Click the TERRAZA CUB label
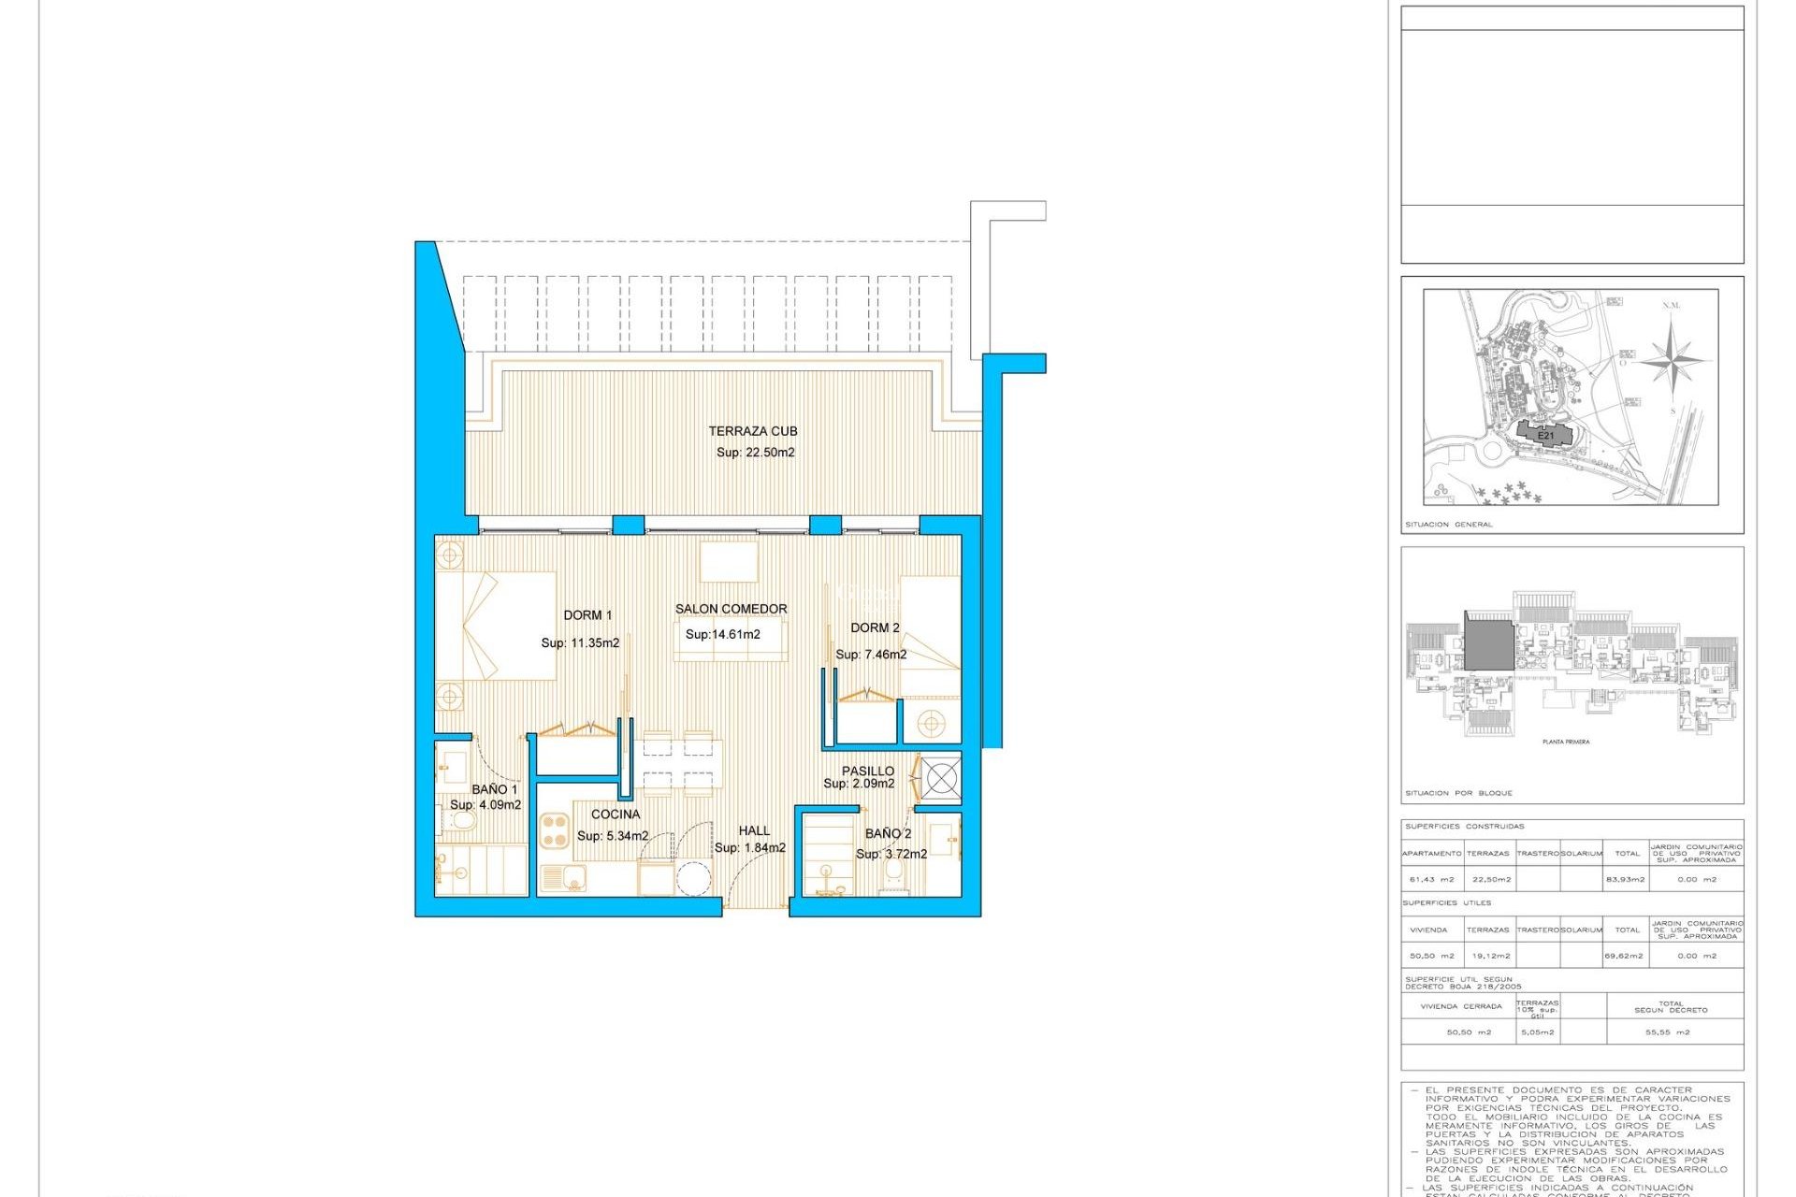[x=752, y=431]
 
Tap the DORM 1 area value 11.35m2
[x=580, y=643]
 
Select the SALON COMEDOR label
[x=731, y=609]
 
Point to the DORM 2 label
[x=875, y=628]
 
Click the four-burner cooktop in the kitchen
[x=555, y=830]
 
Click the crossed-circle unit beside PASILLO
[x=941, y=777]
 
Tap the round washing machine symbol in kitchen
[x=694, y=879]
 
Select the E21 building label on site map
[x=1545, y=436]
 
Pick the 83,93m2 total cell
[x=1627, y=879]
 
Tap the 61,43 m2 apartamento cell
[x=1431, y=879]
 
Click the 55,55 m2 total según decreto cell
[x=1667, y=1032]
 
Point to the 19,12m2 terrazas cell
[x=1491, y=956]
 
